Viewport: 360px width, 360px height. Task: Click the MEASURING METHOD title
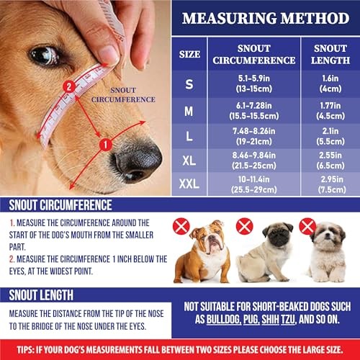(264, 17)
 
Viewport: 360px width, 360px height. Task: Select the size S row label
(189, 84)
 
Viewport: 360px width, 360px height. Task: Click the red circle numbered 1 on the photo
(104, 145)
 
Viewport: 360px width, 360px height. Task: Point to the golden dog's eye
(45, 56)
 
